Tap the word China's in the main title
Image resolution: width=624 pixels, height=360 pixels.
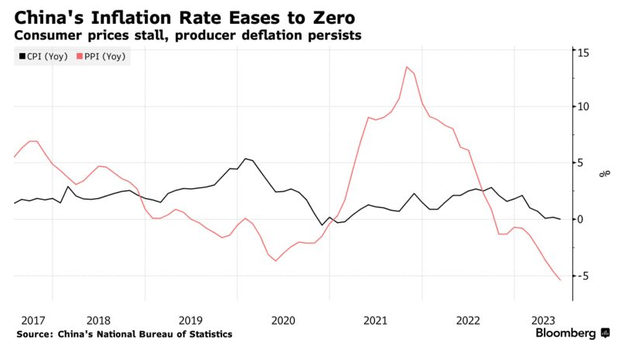coord(48,16)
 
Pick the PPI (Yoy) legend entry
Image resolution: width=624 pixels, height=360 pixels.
coord(102,56)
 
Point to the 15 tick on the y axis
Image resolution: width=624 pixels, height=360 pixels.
coord(585,52)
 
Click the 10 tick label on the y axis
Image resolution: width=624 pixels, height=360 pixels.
coord(585,107)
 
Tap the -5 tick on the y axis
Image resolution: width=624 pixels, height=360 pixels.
coord(584,275)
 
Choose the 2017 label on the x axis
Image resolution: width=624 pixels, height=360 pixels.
coord(33,320)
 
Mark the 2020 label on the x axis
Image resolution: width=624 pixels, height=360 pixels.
coord(283,320)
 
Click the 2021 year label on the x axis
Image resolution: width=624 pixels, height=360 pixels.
coord(375,320)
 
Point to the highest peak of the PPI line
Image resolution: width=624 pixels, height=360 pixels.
coord(406,66)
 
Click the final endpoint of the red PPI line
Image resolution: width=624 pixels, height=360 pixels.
coord(560,280)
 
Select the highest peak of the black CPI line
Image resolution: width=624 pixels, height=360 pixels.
coord(245,159)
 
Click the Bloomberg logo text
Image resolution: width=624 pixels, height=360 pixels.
coord(566,334)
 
